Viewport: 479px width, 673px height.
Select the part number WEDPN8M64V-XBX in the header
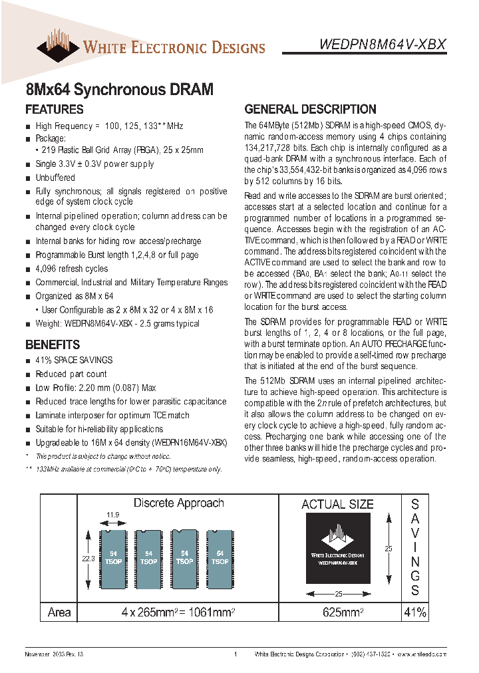(383, 45)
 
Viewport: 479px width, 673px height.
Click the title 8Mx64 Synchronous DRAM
(119, 89)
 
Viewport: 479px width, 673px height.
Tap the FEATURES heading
(55, 110)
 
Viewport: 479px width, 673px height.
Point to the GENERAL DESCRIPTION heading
(310, 110)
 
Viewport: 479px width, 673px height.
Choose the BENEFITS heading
(53, 344)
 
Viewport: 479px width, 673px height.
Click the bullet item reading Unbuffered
(55, 178)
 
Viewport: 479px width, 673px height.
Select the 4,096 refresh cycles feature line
(72, 269)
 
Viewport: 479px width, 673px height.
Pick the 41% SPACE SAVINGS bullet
(74, 360)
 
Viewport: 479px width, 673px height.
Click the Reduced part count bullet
(71, 374)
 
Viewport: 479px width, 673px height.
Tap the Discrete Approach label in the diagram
(178, 503)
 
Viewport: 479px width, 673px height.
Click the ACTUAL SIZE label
(337, 505)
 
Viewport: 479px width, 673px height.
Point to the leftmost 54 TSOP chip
(113, 557)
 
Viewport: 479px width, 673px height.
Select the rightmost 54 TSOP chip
(220, 557)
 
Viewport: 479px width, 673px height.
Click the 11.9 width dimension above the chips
(114, 515)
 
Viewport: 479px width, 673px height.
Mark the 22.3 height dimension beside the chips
(88, 559)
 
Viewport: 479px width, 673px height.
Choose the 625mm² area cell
(338, 612)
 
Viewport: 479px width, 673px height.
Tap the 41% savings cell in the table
(414, 612)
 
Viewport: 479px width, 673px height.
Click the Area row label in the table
(59, 612)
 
